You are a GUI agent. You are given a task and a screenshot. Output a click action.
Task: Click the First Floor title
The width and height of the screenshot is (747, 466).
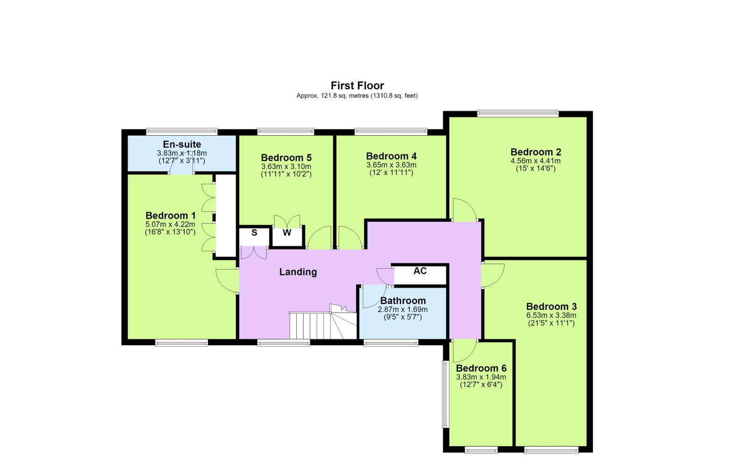(x=357, y=86)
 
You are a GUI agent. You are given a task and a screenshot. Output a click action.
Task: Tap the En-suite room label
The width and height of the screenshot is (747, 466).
(x=182, y=144)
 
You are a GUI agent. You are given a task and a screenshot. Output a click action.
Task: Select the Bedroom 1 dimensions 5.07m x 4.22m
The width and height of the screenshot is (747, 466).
(x=170, y=224)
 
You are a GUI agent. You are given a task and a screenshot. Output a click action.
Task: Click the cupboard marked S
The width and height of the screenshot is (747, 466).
(x=255, y=236)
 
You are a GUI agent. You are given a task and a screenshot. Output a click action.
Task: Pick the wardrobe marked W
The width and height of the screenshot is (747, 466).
(x=287, y=237)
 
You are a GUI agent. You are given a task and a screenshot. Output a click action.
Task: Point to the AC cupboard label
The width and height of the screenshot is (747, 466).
(x=420, y=271)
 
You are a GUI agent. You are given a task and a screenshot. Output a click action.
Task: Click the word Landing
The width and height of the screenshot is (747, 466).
(x=298, y=272)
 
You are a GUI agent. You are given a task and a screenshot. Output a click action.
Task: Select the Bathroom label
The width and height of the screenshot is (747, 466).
(x=403, y=301)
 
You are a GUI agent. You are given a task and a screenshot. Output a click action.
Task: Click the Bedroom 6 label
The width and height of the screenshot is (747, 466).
(x=481, y=368)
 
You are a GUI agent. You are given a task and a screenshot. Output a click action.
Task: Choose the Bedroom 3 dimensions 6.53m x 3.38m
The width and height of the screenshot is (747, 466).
(x=551, y=315)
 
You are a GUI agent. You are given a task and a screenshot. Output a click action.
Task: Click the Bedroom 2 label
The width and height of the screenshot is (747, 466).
(x=535, y=152)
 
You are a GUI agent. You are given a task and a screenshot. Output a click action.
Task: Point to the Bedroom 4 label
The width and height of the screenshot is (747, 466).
(x=391, y=156)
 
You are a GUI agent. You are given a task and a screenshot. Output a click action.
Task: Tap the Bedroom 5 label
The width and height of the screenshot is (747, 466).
(x=286, y=157)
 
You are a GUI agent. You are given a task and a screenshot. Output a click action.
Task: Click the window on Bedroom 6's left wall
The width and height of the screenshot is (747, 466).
(x=445, y=394)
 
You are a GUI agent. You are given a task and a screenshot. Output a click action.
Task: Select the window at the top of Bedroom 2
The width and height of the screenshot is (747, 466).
(x=518, y=114)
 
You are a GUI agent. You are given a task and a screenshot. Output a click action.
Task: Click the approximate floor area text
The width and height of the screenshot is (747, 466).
(x=357, y=96)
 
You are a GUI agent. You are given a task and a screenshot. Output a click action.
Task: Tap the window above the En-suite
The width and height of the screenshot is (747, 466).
(x=182, y=132)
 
